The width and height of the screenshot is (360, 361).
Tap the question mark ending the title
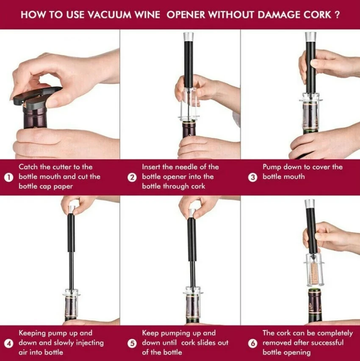click(x=337, y=15)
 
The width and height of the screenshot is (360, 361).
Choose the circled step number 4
click(x=9, y=344)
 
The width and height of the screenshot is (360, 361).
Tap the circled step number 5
click(x=132, y=344)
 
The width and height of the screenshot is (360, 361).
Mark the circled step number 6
click(x=253, y=344)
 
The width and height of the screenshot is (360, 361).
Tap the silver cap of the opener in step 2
click(x=188, y=36)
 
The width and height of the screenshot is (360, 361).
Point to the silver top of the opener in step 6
click(x=310, y=204)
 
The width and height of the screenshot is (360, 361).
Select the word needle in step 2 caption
click(x=177, y=167)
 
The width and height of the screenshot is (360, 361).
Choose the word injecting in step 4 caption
click(x=90, y=343)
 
